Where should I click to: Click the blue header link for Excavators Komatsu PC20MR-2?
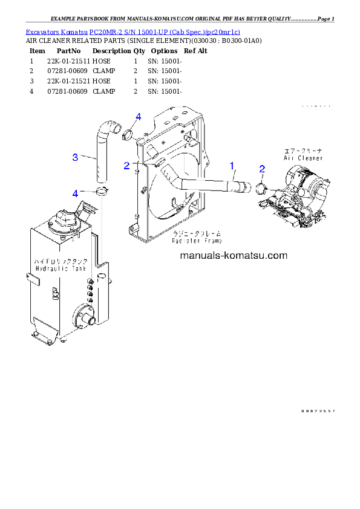pyautogui.click(x=133, y=31)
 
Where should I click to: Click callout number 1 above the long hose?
pyautogui.click(x=231, y=164)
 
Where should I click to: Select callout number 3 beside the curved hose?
pyautogui.click(x=75, y=157)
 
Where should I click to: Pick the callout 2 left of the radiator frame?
pyautogui.click(x=126, y=165)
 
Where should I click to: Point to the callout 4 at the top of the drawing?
pyautogui.click(x=138, y=116)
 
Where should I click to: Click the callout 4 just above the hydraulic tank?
pyautogui.click(x=75, y=193)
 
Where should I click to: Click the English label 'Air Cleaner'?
pyautogui.click(x=303, y=158)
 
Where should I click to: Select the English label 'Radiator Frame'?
pyautogui.click(x=197, y=240)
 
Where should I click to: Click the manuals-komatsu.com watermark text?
pyautogui.click(x=234, y=256)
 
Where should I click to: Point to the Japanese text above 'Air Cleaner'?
pyautogui.click(x=303, y=150)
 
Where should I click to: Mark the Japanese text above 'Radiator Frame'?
pyautogui.click(x=197, y=233)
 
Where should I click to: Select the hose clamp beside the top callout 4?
pyautogui.click(x=128, y=134)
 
